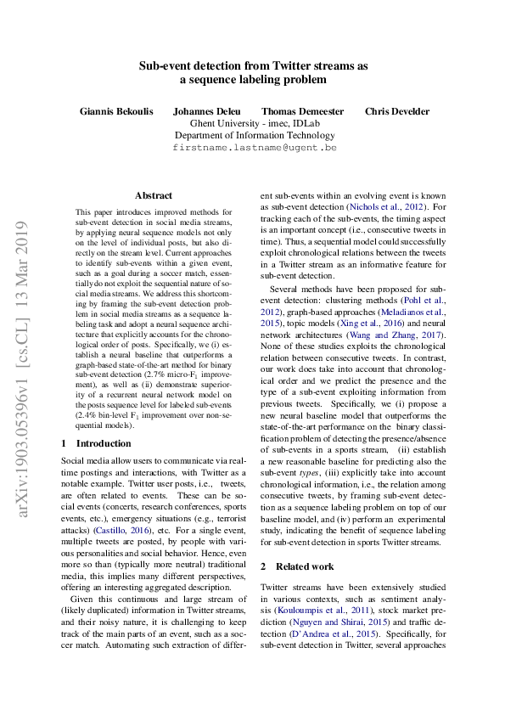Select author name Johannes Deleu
pos(206,111)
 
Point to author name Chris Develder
pos(397,111)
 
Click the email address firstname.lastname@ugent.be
pos(254,147)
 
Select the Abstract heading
pos(154,195)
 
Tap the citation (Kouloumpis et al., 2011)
pos(323,610)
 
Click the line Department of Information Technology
pos(255,135)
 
